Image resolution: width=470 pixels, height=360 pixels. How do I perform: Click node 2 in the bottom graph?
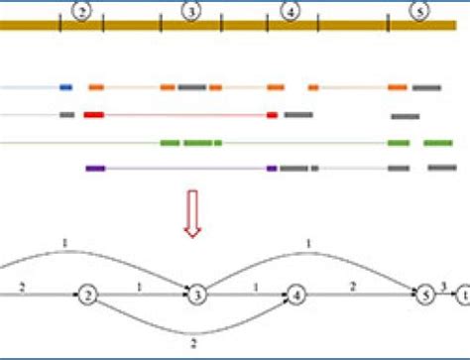tap(88, 295)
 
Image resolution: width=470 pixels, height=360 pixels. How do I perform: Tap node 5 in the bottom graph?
tap(424, 295)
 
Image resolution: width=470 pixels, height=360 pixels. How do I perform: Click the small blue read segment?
tap(65, 87)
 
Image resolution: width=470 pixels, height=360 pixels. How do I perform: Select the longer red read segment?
tap(94, 115)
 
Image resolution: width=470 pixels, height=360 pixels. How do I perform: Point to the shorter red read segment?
tap(272, 115)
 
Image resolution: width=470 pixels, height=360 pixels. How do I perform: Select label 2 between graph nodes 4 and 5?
tap(352, 286)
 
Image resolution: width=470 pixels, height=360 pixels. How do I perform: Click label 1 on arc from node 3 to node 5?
tap(309, 244)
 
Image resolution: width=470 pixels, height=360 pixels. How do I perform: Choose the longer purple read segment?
tap(95, 169)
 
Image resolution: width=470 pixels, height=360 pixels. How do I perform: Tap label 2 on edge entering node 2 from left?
tap(21, 286)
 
